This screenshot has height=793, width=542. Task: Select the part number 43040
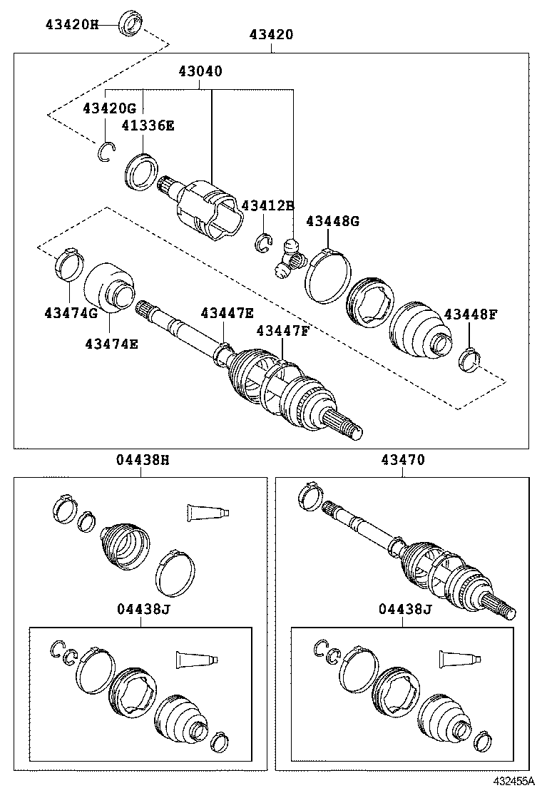[x=200, y=71]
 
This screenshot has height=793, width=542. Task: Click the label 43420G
[x=108, y=108]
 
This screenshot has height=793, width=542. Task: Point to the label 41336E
[x=148, y=126]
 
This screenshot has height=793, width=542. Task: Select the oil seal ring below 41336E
[x=141, y=172]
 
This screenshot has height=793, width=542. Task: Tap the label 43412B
[x=267, y=206]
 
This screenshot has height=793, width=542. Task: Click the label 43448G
[x=332, y=222]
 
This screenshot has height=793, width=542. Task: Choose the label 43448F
[x=471, y=314]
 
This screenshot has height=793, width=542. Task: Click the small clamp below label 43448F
[x=469, y=358]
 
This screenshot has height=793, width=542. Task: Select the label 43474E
[x=112, y=343]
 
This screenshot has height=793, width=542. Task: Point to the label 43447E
[x=227, y=313]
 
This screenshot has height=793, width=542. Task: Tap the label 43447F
[x=283, y=331]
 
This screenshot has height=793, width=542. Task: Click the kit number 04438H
[x=143, y=460]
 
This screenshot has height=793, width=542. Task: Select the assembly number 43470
[x=403, y=460]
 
